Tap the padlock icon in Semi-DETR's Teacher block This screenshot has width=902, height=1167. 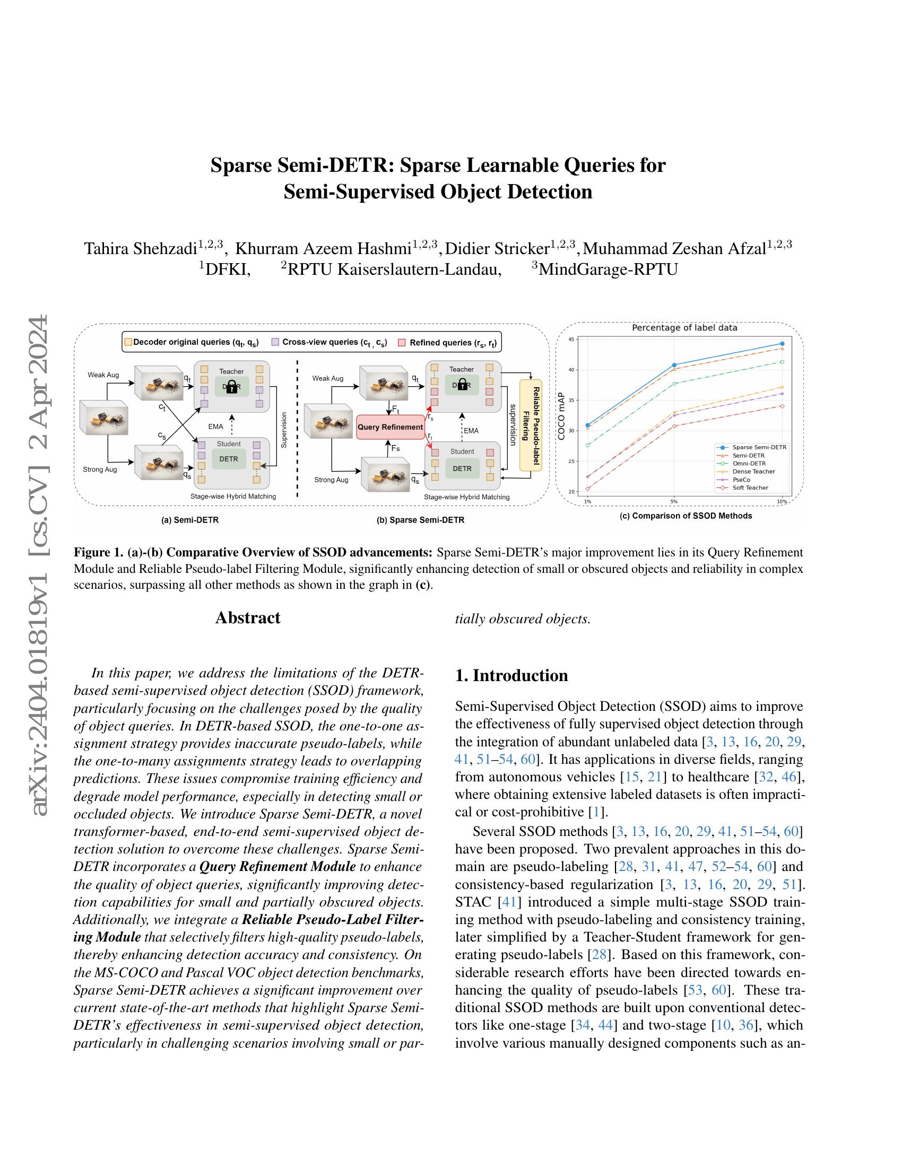pos(231,387)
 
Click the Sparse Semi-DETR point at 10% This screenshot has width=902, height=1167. pos(782,344)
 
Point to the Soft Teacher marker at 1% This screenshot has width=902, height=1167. pos(587,489)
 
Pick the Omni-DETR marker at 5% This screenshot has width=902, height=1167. pos(674,384)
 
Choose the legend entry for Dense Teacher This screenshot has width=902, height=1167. pos(753,471)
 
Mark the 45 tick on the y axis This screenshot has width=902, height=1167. pos(571,339)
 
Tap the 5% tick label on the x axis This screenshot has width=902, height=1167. pos(674,501)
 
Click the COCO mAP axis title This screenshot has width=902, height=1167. pos(561,417)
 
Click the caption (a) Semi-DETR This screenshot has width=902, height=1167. pos(190,519)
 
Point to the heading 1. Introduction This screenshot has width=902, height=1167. pos(511,675)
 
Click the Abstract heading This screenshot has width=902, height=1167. pos(247,617)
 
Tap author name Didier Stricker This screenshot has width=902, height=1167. pos(497,248)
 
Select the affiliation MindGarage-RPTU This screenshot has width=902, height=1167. pos(608,269)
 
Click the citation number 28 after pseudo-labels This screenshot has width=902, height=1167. pos(595,955)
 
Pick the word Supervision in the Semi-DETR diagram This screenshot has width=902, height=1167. pos(284,430)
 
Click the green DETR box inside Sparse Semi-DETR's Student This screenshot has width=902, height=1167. pos(462,468)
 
